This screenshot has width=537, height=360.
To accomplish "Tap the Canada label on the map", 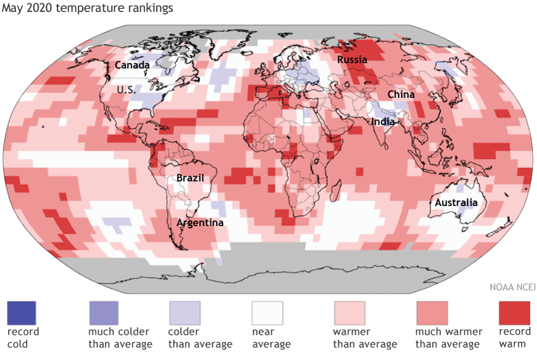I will [132, 65].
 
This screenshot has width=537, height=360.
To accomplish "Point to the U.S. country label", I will [127, 90].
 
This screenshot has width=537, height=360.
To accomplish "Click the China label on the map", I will [401, 94].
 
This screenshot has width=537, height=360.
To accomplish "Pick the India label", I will [383, 121].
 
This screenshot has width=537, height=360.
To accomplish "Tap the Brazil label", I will [190, 177].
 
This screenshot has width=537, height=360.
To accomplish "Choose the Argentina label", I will [200, 222].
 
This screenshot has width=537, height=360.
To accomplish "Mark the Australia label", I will [455, 203].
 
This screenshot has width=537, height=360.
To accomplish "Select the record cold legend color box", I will [21, 312].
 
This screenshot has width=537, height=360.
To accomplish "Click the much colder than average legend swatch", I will [103, 312].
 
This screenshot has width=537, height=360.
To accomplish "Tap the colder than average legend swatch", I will [184, 312].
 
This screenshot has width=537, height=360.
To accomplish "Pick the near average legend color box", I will [267, 312].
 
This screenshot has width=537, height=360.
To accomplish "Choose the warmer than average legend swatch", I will [349, 312].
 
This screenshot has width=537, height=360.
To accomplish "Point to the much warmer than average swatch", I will [431, 312].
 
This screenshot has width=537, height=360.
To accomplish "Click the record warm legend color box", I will [514, 312].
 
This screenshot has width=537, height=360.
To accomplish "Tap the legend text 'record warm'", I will [514, 338].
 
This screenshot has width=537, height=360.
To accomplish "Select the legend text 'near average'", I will [271, 338].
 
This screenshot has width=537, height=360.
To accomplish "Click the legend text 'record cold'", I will [23, 338].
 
